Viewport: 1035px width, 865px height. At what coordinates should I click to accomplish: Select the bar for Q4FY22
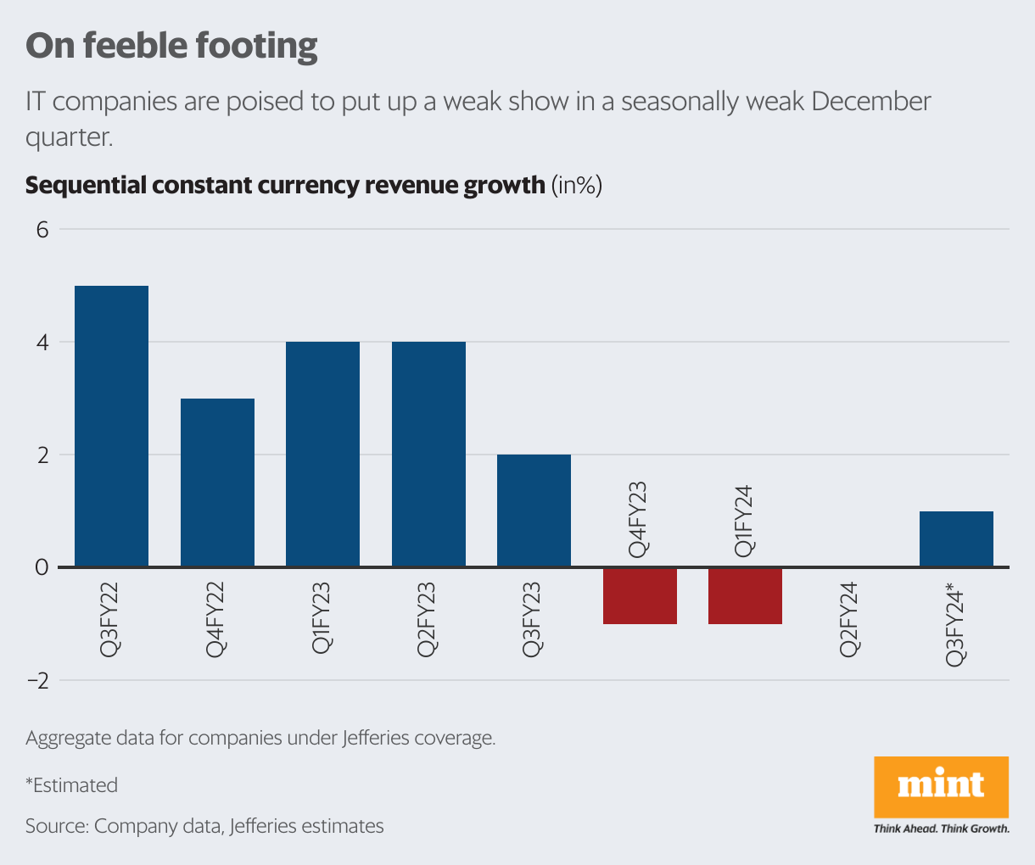(217, 482)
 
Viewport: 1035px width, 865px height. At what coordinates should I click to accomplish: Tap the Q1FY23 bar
(322, 454)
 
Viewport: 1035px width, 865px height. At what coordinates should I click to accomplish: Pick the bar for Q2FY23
(428, 454)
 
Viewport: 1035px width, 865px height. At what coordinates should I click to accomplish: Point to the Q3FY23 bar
(534, 510)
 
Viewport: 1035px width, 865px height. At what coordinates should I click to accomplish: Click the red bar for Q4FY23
(640, 595)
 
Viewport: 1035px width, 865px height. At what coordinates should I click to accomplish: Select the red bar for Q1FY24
(745, 595)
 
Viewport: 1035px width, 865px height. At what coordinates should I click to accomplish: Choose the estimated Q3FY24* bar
(956, 539)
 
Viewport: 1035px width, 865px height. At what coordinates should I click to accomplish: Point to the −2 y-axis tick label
(38, 681)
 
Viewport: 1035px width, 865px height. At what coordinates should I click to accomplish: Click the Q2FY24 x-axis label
(850, 619)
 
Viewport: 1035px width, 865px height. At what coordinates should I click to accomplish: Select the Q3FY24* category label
(956, 623)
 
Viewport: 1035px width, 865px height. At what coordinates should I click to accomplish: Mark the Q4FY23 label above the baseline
(639, 520)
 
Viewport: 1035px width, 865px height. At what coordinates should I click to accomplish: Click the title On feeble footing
(171, 46)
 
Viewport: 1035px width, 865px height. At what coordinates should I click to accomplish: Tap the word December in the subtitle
(870, 102)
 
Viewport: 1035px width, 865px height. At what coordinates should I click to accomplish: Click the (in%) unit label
(577, 185)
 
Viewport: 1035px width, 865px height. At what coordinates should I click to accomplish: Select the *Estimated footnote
(71, 785)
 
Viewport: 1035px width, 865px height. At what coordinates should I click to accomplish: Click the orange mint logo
(941, 786)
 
